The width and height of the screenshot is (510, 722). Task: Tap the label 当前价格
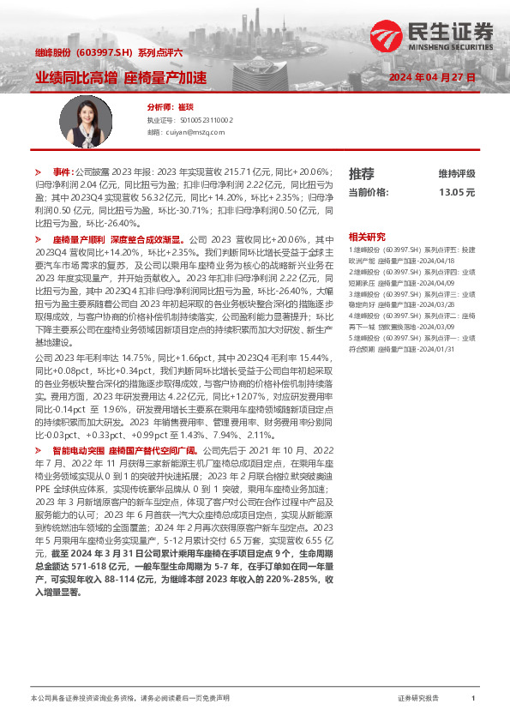(369, 193)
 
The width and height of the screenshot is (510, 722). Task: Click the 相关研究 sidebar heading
(367, 236)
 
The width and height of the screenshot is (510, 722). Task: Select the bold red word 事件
(63, 171)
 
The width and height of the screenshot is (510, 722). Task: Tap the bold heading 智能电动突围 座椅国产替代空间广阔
(125, 449)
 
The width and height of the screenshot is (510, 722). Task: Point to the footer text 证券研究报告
(418, 699)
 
